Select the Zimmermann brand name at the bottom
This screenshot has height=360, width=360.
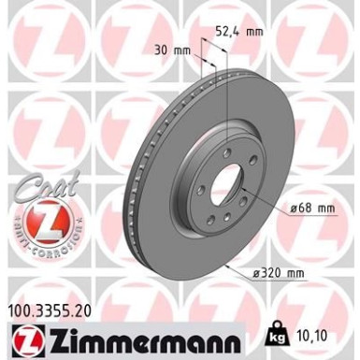click(136, 335)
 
